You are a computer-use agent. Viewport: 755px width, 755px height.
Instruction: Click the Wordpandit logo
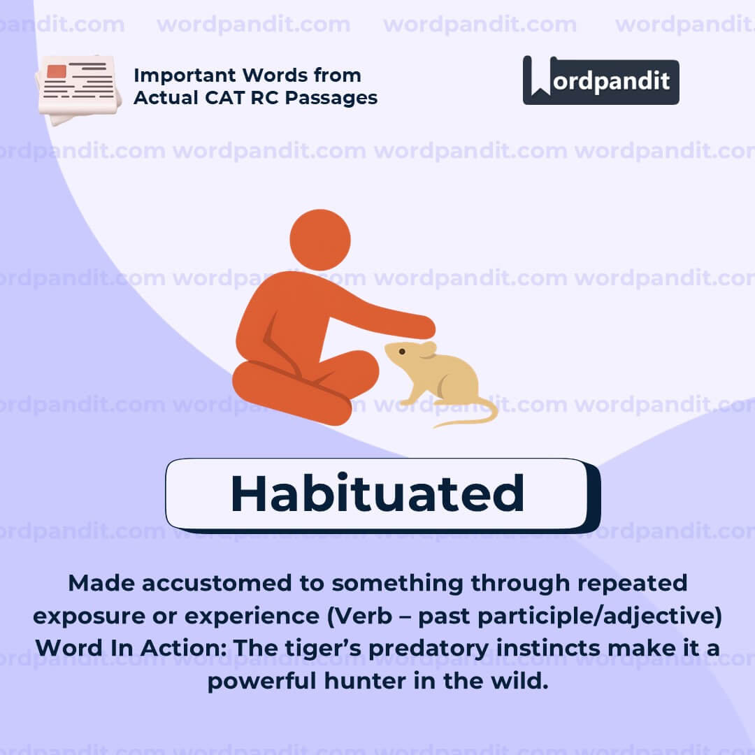coord(601,80)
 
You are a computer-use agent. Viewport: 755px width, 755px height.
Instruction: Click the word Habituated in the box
coord(377,494)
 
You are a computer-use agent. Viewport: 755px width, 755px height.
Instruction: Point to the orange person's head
coord(320,240)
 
